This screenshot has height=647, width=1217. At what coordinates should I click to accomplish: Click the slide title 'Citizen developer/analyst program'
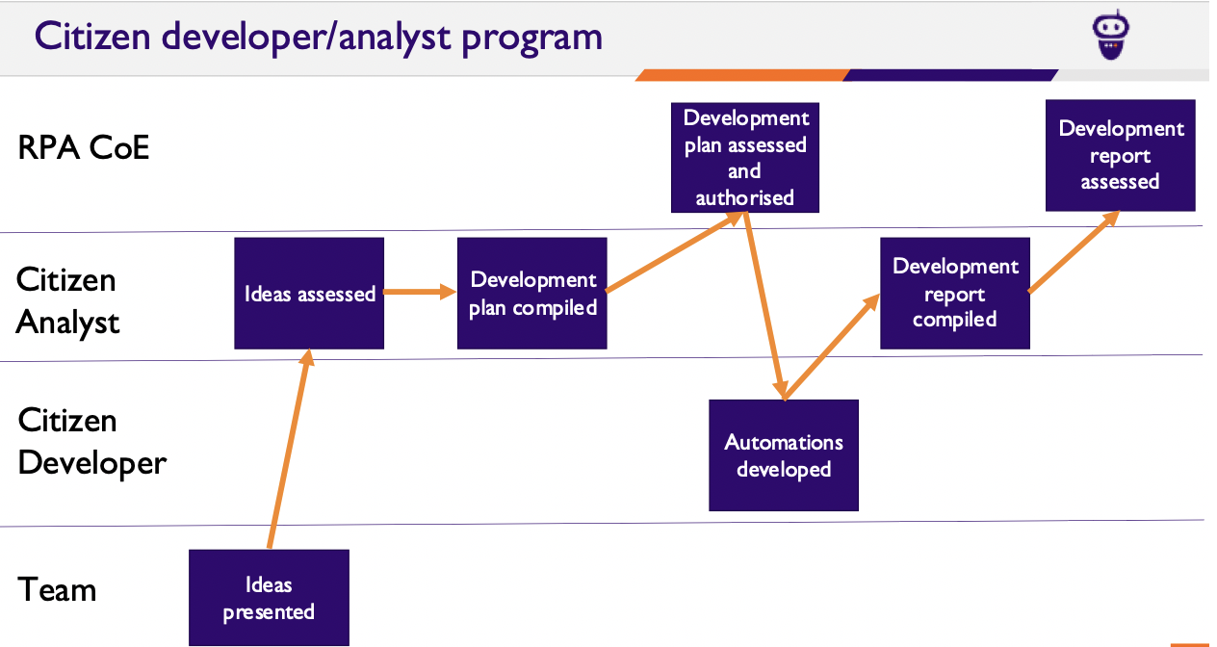319,37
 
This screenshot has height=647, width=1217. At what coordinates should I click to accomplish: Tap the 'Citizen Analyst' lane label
67,300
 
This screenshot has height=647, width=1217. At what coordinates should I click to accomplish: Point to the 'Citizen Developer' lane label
92,442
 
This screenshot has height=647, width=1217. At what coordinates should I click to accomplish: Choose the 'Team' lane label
58,588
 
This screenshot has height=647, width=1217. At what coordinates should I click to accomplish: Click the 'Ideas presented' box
269,598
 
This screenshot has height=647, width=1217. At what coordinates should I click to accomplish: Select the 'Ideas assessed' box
309,294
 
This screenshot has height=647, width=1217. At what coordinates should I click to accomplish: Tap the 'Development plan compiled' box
532,294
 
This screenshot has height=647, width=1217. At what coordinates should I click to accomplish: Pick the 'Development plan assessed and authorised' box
745,158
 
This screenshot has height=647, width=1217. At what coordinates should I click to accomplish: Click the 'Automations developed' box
784,455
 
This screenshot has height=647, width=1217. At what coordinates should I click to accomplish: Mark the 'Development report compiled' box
955,294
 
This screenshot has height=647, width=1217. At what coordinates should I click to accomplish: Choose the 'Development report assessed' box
1121,155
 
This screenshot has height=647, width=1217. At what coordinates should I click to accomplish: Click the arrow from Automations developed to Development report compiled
833,348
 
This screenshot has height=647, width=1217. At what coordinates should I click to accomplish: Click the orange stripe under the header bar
741,75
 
